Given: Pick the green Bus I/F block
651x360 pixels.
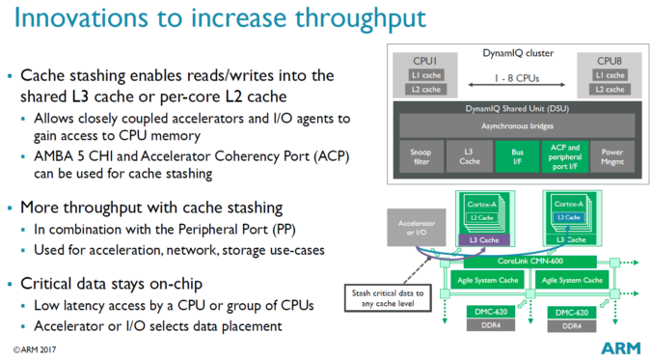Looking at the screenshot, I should [x=508, y=157].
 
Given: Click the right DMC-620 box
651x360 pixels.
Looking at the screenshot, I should [x=569, y=312].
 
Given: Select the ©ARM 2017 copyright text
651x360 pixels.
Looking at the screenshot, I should [x=40, y=344].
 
